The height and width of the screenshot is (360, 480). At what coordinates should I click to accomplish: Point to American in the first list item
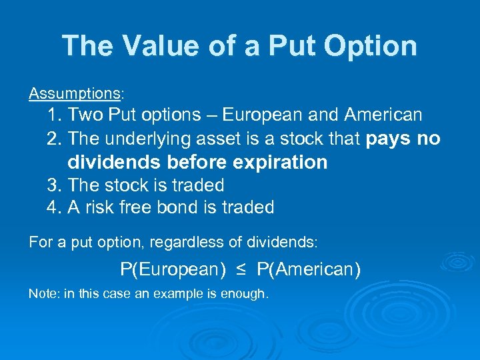(x=383, y=115)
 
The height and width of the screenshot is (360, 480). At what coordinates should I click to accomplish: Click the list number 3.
(x=53, y=185)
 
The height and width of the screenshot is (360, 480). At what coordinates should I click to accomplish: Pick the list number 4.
(x=53, y=207)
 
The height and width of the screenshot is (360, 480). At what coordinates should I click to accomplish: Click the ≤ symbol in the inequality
(x=240, y=270)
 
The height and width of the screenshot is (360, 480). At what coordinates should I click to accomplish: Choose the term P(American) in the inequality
(x=309, y=270)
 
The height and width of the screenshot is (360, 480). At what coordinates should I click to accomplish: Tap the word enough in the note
(x=247, y=294)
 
